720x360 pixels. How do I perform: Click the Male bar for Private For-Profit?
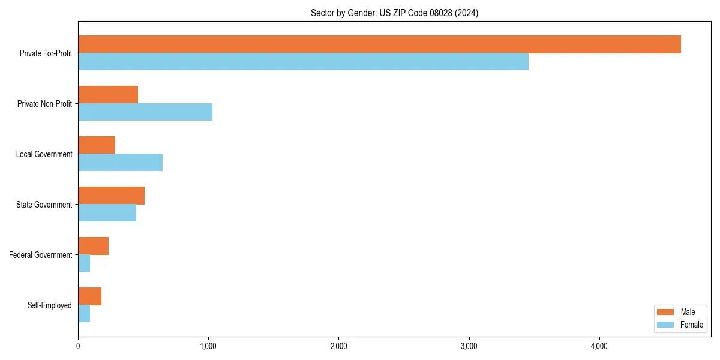pos(379,44)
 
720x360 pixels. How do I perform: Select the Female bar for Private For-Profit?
pos(303,62)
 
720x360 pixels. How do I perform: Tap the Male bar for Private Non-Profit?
pos(108,95)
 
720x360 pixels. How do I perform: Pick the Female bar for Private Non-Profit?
pos(145,112)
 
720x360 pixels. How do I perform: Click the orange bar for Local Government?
pos(97,145)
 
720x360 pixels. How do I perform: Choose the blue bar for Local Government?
pos(120,163)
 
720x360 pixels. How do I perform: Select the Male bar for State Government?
pos(111,196)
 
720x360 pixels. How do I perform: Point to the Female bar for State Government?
pos(107,213)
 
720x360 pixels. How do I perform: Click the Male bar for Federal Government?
pos(93,246)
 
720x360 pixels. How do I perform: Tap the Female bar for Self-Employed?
pos(84,314)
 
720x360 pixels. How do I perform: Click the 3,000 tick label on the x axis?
pos(469,346)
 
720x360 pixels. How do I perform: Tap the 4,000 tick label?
pos(599,346)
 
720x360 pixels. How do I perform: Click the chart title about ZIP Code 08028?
pos(394,13)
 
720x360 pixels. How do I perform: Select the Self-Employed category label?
pos(50,305)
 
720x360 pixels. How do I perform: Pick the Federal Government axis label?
pos(41,255)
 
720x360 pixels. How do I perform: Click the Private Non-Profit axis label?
pos(44,104)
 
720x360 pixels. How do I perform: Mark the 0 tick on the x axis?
pos(78,346)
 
